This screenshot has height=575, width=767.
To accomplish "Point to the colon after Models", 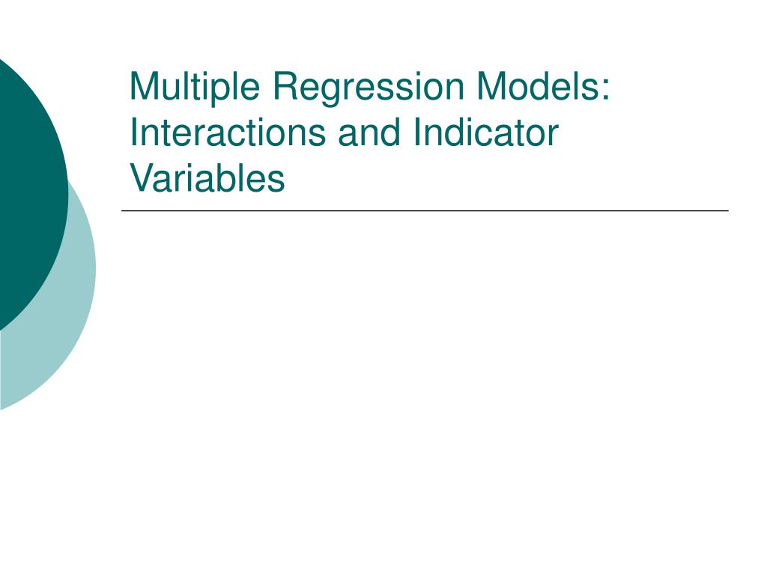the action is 607,90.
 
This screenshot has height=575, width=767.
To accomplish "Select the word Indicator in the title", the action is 485,132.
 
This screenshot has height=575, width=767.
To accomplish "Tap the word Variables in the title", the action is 207,177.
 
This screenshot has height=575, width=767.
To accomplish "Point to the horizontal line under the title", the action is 425,210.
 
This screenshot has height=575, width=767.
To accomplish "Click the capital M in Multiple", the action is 145,85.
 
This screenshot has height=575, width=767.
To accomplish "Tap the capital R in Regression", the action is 287,85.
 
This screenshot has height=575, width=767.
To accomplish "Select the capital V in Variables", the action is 144,177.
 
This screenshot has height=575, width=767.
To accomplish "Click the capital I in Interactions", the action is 133,132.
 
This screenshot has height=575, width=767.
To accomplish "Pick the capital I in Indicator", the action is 417,132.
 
